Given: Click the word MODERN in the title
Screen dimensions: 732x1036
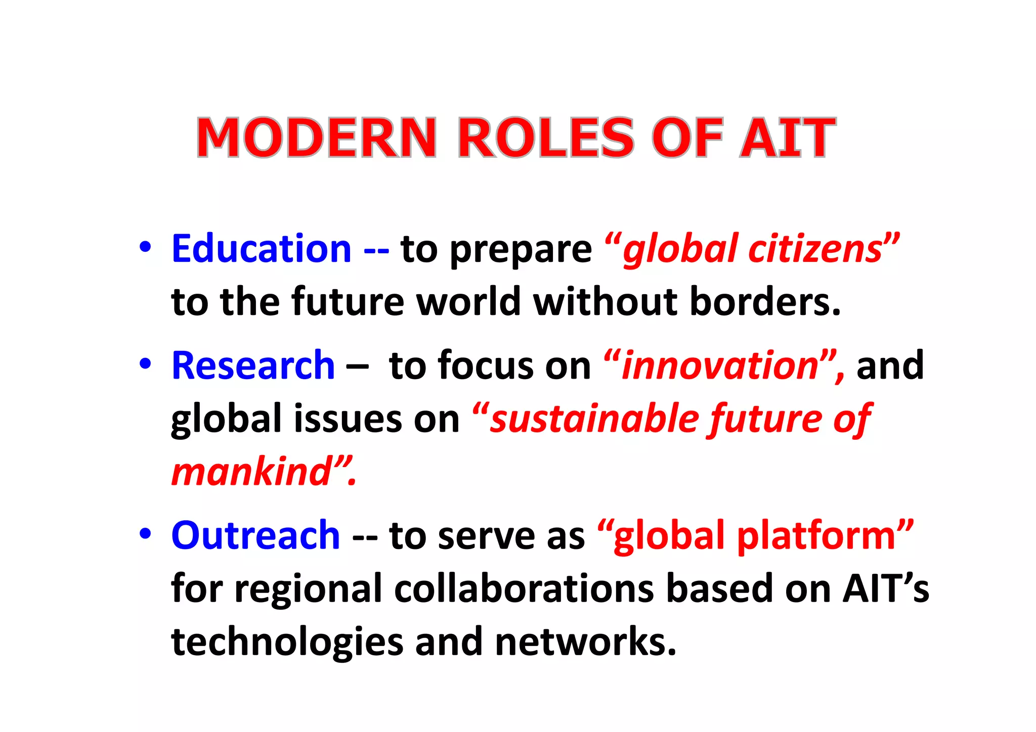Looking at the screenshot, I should point(317,138).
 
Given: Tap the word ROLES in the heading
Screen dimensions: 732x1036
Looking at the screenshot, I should point(545,138).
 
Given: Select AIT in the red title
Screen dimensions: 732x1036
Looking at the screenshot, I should point(787,138).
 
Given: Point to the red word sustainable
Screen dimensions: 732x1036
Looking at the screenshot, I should point(594,419).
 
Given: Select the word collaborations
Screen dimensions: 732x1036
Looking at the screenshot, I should point(524,589).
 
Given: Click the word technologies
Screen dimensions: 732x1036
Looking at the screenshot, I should point(287,642).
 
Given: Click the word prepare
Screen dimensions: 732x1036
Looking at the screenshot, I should point(521,250).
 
